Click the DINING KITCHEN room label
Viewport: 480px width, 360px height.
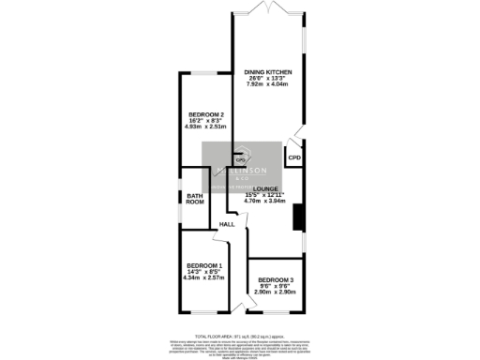coord(269,72)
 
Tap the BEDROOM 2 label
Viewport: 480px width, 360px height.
coord(205,115)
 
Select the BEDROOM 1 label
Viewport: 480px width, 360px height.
coord(203,265)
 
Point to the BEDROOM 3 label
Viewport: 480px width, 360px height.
coord(277,281)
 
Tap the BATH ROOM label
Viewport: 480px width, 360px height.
coord(194,199)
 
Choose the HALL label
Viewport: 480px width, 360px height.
coord(228,225)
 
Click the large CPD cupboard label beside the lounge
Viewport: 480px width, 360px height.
coord(293,157)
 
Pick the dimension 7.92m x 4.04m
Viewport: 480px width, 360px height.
coord(269,84)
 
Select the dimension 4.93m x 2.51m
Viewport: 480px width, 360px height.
coord(205,127)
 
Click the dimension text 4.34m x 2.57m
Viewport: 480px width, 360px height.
coord(203,277)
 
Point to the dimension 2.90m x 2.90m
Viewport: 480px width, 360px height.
coord(277,292)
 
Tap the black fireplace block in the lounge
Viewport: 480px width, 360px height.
coord(299,217)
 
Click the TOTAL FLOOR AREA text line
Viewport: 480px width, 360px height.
coord(239,335)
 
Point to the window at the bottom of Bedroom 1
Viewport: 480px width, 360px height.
coord(203,312)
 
